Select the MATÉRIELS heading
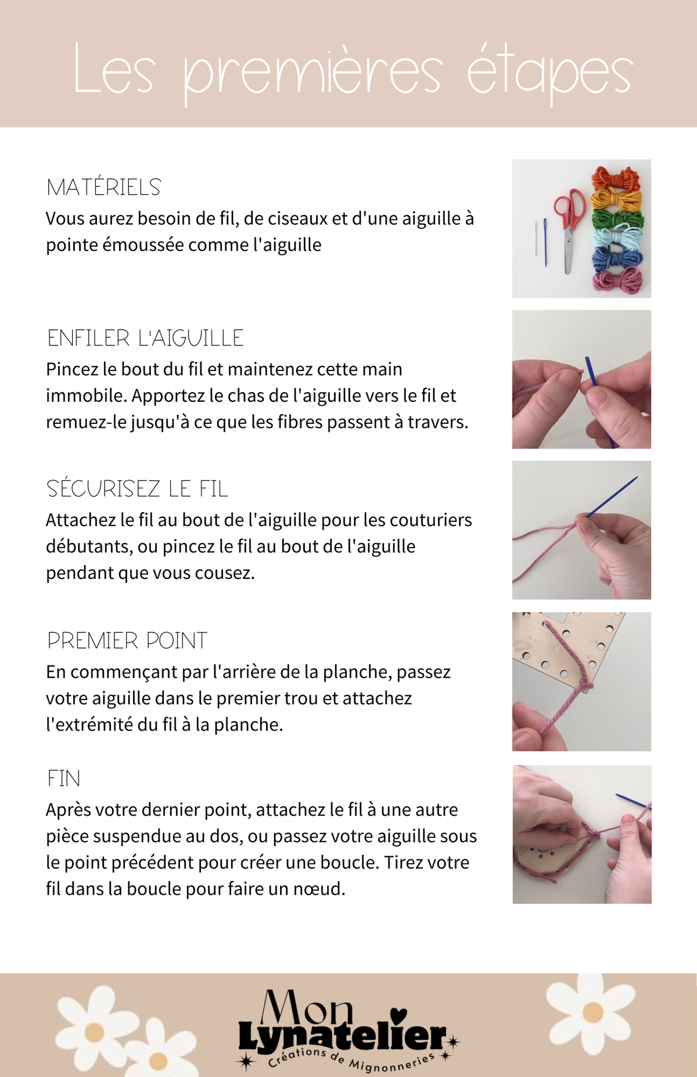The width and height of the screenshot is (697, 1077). pos(103,187)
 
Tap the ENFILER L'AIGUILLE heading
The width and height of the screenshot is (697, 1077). pos(145,338)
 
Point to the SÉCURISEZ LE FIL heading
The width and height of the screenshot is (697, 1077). pos(137,488)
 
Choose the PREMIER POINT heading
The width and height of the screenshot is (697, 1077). pos(127,640)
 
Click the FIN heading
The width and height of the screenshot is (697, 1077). pos(64,779)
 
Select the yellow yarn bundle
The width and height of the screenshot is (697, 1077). pos(616,200)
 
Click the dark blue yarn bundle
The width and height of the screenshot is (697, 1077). pos(617,259)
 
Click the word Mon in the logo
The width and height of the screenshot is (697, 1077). pos(307,1008)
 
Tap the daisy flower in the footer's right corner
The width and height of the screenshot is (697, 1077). pos(592,1011)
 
